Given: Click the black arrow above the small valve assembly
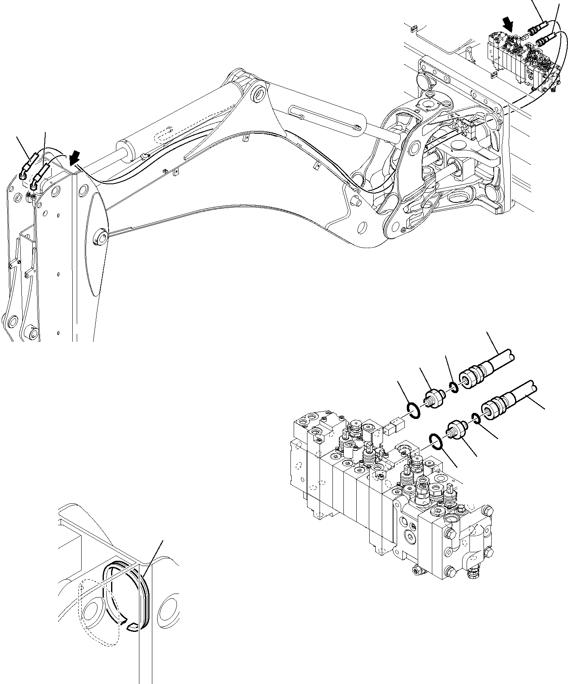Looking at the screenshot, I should click(x=509, y=26).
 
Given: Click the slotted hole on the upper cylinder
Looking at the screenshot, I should click(x=163, y=135).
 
